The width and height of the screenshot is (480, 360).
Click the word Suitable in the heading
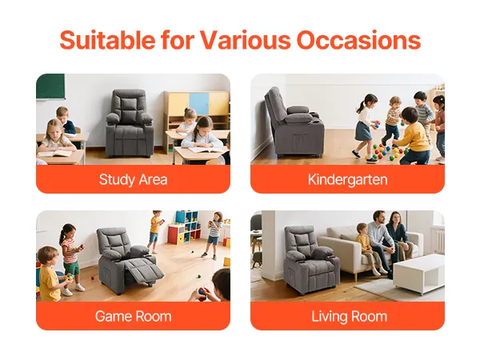pyautogui.click(x=107, y=40)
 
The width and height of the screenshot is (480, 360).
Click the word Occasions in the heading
pyautogui.click(x=358, y=40)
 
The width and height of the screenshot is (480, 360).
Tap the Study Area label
pyautogui.click(x=133, y=180)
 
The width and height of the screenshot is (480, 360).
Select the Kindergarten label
pyautogui.click(x=347, y=180)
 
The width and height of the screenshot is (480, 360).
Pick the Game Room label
pyautogui.click(x=133, y=316)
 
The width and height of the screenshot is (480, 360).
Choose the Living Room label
pyautogui.click(x=349, y=317)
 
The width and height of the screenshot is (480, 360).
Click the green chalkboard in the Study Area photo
pyautogui.click(x=50, y=86)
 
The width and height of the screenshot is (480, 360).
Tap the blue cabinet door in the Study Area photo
pyautogui.click(x=199, y=103)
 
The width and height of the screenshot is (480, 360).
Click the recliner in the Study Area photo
pyautogui.click(x=130, y=123)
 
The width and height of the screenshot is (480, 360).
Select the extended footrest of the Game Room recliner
pyautogui.click(x=146, y=270)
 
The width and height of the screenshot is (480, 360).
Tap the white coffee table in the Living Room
pyautogui.click(x=418, y=274)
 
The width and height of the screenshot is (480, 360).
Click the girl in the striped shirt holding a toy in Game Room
pyautogui.click(x=70, y=257)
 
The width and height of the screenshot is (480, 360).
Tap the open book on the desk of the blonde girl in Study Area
pyautogui.click(x=55, y=153)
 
